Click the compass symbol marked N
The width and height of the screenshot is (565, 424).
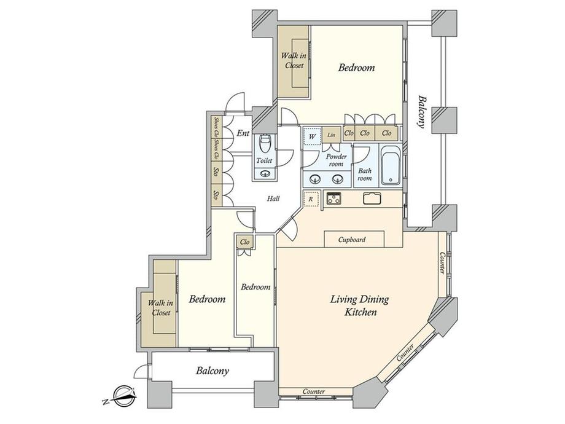coord(122,396)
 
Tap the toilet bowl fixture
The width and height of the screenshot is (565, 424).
coord(265,144)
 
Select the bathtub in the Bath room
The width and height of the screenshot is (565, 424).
coord(391,165)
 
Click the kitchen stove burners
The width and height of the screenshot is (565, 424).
coord(333,198)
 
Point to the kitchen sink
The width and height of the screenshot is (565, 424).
coord(372,198)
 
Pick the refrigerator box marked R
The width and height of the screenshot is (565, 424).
coord(311,198)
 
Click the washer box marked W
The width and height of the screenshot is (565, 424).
coord(312,136)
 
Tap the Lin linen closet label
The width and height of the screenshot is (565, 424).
coord(331,135)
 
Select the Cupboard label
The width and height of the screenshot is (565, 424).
coord(352,240)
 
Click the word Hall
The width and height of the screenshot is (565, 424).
coord(273,198)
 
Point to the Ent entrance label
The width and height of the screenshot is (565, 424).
coord(243,133)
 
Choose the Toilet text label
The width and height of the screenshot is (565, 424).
coord(264,161)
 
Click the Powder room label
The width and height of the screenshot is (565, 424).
coord(336,160)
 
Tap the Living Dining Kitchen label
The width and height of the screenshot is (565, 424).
coord(360,305)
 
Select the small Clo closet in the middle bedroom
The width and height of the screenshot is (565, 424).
coord(244,241)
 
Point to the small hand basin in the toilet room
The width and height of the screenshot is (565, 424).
coord(266,173)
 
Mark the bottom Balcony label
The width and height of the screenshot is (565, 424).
coord(212,371)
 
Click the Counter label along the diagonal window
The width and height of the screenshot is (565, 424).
coord(405,353)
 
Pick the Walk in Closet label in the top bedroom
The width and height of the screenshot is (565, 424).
coord(294,61)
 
